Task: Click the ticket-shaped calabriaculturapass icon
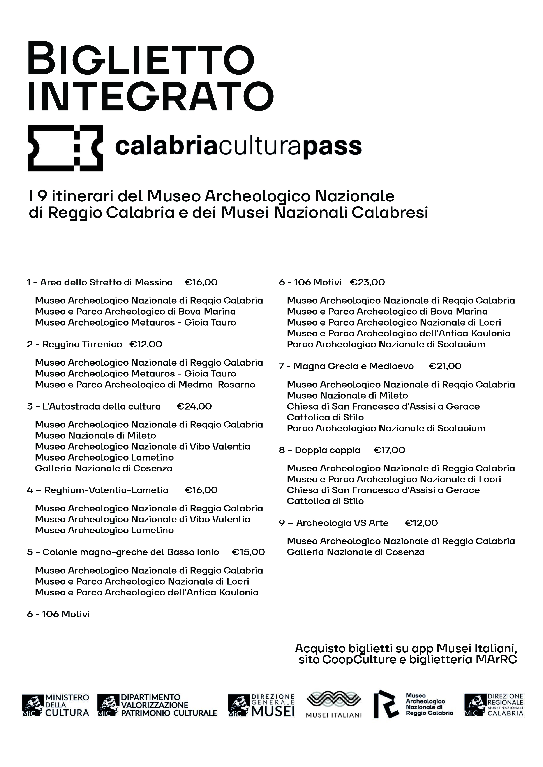point(65,148)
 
